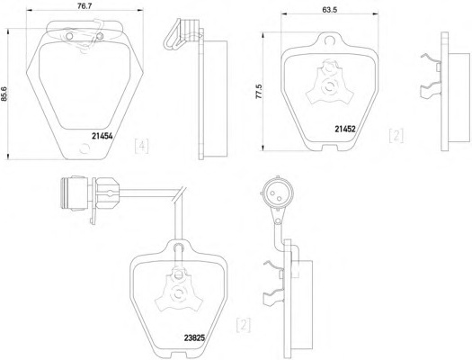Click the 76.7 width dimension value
point(85,6)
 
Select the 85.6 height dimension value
point(4,94)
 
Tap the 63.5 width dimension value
point(330,9)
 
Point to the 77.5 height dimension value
point(259,92)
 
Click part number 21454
point(102,136)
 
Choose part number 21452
point(345,129)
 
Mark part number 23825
point(194,338)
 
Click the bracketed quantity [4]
point(141,146)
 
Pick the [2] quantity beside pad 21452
point(396,136)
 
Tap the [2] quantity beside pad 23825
point(244,325)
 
